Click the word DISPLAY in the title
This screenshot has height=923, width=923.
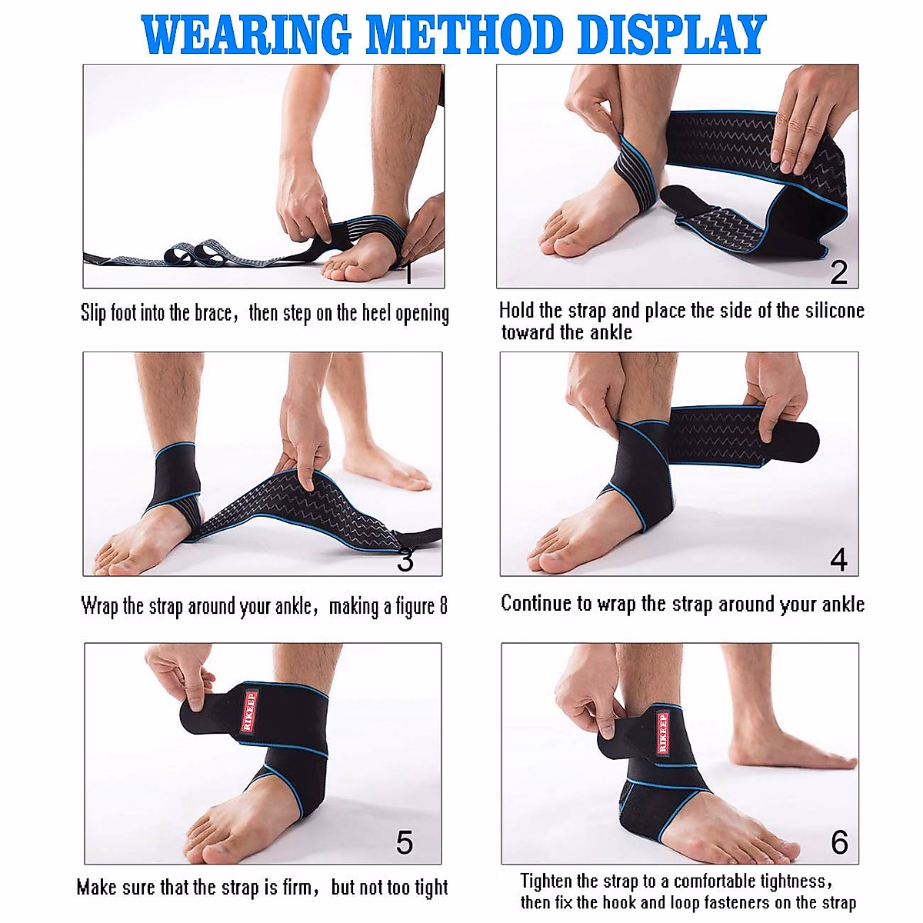(x=671, y=34)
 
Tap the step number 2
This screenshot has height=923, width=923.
(x=838, y=272)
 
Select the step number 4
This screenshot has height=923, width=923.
(x=838, y=559)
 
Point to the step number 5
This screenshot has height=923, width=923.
(x=405, y=842)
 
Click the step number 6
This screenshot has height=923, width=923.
(x=840, y=842)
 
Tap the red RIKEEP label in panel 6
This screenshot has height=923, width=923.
(x=662, y=733)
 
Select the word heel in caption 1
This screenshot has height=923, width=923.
(x=376, y=313)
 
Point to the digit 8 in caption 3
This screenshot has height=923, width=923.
(x=443, y=606)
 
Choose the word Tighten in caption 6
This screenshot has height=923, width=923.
(x=546, y=881)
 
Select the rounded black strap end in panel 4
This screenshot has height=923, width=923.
(x=800, y=440)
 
